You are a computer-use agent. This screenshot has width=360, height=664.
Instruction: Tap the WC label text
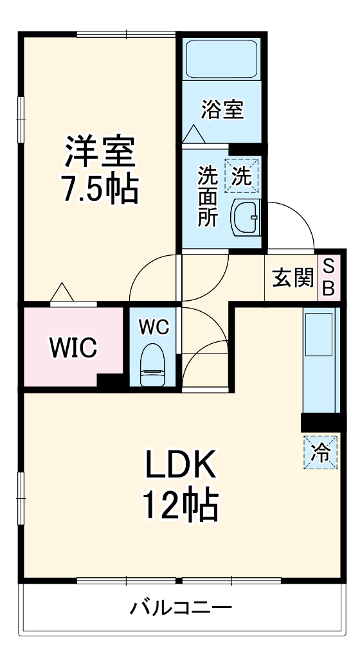(154, 327)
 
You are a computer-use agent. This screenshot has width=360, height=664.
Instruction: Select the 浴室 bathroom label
(222, 109)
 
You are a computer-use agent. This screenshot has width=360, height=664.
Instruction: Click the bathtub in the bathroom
(222, 59)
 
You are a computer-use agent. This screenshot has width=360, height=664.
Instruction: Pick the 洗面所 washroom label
(207, 196)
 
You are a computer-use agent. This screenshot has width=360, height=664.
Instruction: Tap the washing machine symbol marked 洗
(242, 175)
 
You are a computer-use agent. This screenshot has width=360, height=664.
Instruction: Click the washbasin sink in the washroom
(246, 218)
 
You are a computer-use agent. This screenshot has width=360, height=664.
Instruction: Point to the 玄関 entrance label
(293, 278)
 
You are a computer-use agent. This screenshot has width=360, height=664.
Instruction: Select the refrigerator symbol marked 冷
(320, 453)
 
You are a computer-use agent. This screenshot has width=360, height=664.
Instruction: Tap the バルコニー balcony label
(181, 607)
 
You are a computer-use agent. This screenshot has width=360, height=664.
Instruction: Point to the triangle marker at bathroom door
(194, 134)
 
